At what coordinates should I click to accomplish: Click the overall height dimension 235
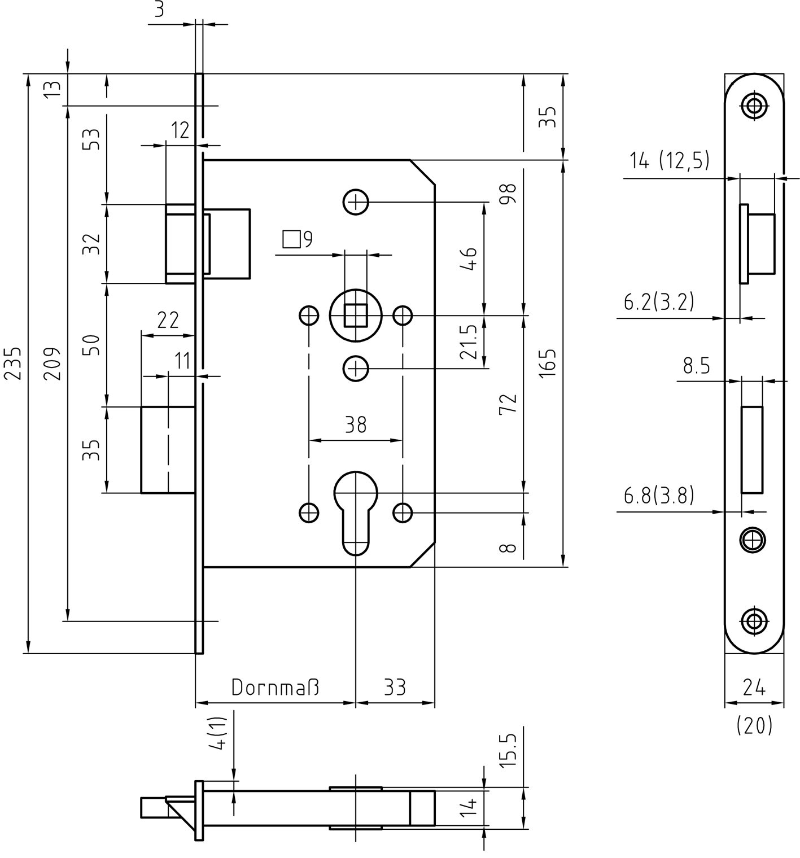click(x=14, y=363)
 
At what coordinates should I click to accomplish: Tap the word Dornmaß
click(x=275, y=687)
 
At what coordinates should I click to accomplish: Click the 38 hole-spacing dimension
click(x=356, y=424)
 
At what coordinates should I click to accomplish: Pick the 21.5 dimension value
click(x=468, y=342)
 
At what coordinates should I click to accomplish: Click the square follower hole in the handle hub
click(x=355, y=314)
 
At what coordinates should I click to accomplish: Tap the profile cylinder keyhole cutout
click(x=355, y=511)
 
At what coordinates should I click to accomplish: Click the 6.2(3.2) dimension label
click(x=658, y=303)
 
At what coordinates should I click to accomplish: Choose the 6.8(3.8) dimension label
click(x=658, y=496)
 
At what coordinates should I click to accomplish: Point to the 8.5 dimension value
click(x=696, y=366)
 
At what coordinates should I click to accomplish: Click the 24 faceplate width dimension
click(x=754, y=688)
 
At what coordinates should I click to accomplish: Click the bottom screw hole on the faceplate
click(x=753, y=621)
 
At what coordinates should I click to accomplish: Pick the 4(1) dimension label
click(x=218, y=733)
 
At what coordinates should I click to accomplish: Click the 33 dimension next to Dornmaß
click(x=395, y=687)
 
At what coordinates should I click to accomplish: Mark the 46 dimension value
click(x=468, y=259)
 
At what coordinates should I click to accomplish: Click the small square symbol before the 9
click(x=291, y=239)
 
